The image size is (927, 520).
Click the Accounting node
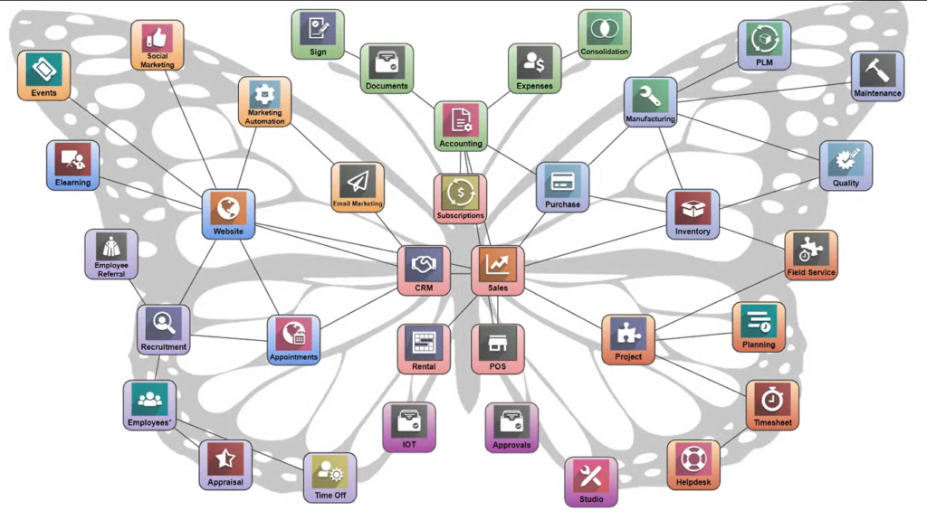461,126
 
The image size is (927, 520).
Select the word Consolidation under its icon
604,52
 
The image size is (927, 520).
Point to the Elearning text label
72,183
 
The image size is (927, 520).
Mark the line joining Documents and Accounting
424,99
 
